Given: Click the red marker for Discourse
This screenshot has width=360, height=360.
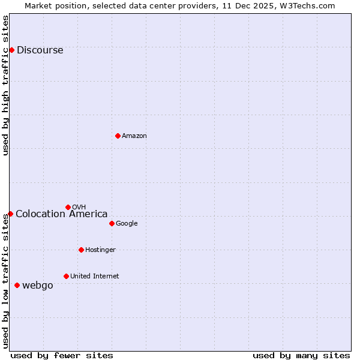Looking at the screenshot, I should click(x=11, y=50).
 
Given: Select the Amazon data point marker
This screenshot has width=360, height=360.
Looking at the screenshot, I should click(x=118, y=136).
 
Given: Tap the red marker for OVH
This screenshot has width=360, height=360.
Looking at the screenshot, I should click(x=68, y=207).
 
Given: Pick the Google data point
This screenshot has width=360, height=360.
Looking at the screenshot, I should click(x=112, y=223).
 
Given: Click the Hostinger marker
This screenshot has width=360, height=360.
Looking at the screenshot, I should click(x=81, y=250).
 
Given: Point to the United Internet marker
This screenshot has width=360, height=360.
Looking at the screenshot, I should click(x=66, y=276).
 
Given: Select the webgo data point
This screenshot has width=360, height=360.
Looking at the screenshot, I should click(x=17, y=285).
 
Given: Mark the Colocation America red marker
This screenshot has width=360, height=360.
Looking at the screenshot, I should click(x=10, y=214).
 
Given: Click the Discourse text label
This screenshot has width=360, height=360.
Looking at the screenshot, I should click(x=40, y=50).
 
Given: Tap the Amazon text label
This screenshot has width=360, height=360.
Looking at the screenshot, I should click(x=134, y=136).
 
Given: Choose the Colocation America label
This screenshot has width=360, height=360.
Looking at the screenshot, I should click(x=61, y=214).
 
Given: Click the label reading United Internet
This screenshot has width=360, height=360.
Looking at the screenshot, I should click(x=94, y=277).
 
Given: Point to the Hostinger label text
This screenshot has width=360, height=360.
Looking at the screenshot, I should click(x=100, y=250).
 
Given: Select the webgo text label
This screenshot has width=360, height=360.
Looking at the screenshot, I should click(x=37, y=286).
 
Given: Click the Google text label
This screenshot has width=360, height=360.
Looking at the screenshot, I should click(x=127, y=224).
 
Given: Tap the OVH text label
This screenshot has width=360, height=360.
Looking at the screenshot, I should click(x=79, y=208).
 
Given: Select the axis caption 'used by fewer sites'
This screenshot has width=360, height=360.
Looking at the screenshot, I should click(x=62, y=355).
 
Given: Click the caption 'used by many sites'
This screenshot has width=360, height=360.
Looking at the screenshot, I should click(x=301, y=355).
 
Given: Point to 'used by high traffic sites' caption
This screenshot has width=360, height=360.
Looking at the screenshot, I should click(x=6, y=85).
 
